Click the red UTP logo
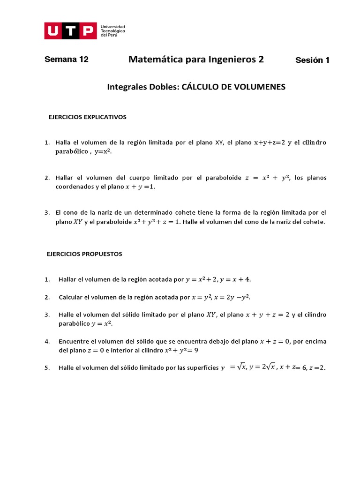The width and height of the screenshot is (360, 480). point(71,31)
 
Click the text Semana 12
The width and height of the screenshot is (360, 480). point(66,60)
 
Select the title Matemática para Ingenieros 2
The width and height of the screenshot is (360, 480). point(196,60)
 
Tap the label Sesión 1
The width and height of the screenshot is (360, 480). point(312,60)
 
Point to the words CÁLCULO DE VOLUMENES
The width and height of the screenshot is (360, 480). point(233,87)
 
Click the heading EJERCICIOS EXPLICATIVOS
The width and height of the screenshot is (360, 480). point(88,117)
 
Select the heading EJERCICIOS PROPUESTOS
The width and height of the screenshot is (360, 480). point(84,254)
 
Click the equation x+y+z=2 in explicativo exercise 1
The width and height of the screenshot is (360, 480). point(270,142)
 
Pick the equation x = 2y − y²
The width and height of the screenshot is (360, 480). point(235,297)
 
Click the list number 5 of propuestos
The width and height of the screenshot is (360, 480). point(47,368)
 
